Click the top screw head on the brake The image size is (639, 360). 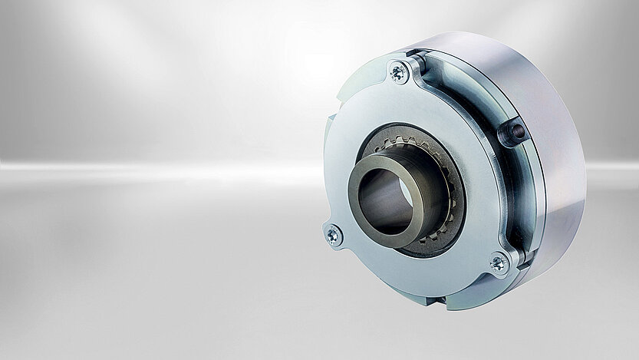(399, 72)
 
